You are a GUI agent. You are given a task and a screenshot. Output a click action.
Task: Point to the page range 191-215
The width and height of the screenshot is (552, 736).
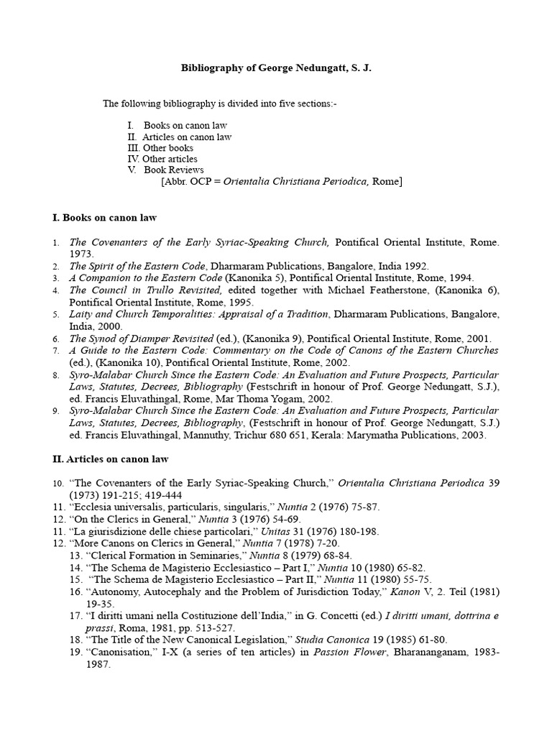click(104, 495)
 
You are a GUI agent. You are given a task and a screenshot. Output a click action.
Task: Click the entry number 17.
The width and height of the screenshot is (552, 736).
click(76, 616)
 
